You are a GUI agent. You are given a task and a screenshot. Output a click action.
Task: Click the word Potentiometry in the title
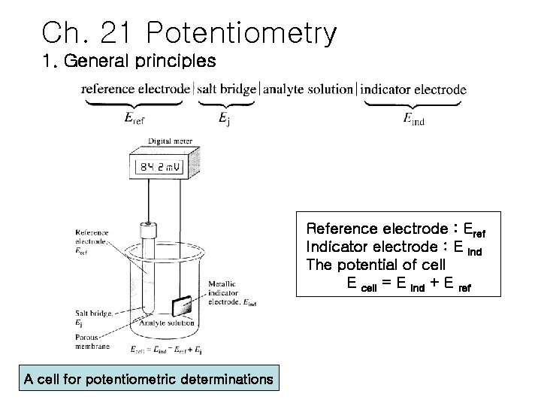(243, 33)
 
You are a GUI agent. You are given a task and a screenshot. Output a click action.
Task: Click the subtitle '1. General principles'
(129, 59)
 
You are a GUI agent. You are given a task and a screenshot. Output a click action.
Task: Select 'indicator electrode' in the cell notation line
(413, 89)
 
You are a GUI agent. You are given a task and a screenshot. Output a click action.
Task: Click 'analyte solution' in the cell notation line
(308, 89)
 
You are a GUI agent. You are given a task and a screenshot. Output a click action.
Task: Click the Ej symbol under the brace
(224, 118)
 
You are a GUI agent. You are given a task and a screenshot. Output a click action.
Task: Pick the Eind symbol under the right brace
(413, 118)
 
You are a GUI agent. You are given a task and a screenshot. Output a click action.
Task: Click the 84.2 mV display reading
(165, 167)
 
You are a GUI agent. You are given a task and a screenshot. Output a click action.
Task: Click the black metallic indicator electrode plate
(181, 306)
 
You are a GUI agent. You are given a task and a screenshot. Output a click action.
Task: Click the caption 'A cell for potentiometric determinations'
(148, 379)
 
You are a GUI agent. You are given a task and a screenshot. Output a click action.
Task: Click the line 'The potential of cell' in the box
(376, 265)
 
